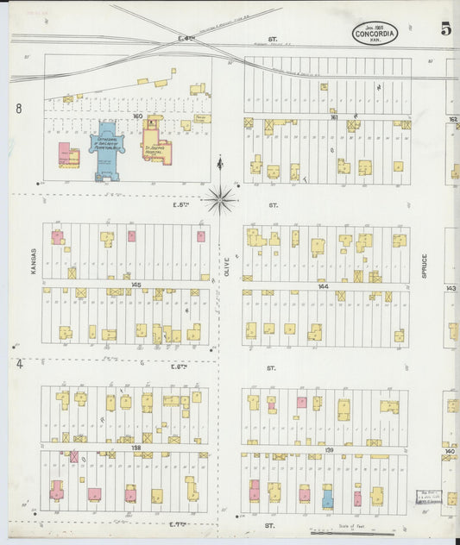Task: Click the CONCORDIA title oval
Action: point(375,34)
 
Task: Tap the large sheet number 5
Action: point(445,28)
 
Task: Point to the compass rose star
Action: point(220,199)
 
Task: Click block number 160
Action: point(136,114)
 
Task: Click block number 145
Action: point(135,285)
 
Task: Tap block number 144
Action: point(323,285)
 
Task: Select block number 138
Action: point(135,448)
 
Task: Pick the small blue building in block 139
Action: point(327,498)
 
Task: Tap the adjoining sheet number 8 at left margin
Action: point(18,109)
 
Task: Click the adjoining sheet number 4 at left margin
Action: point(18,364)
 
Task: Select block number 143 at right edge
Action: point(451,288)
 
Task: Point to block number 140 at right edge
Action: point(450,450)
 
